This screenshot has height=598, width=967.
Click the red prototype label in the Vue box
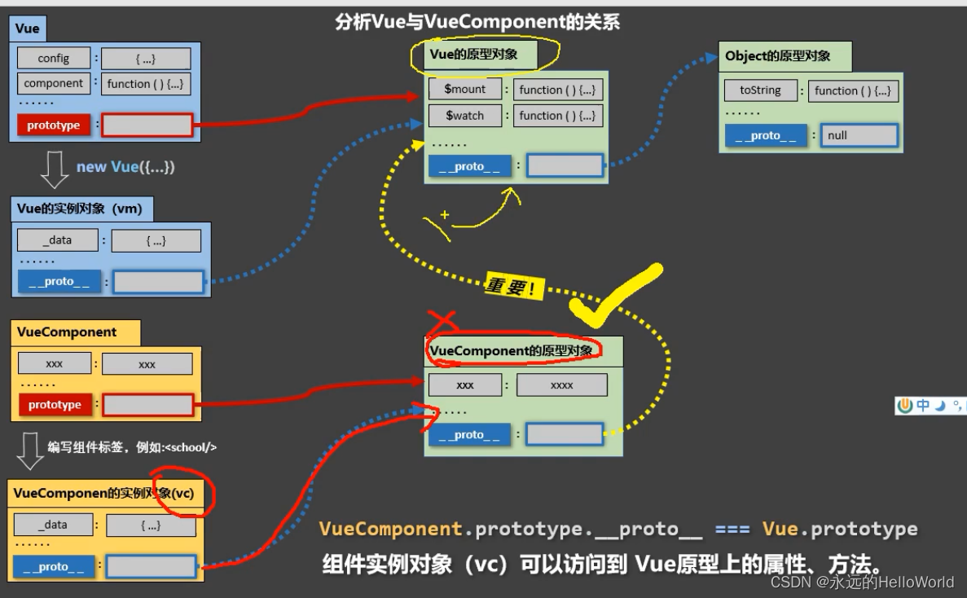[x=54, y=125]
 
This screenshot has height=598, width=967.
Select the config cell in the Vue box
[x=54, y=59]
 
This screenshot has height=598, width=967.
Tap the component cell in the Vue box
[x=54, y=83]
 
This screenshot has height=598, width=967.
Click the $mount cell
[x=465, y=90]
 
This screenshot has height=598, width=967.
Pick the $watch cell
[x=465, y=116]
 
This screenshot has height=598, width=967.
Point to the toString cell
[x=760, y=90]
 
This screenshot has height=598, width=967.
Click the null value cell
[x=859, y=136]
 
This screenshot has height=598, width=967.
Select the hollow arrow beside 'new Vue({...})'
[x=55, y=169]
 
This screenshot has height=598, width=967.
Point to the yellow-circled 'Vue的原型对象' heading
[x=473, y=55]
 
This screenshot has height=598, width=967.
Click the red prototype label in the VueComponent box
[x=55, y=405]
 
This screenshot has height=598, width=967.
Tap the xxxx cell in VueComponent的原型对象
[x=561, y=385]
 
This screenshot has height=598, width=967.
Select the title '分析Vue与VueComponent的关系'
[x=477, y=22]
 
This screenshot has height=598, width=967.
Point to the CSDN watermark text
[x=862, y=582]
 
